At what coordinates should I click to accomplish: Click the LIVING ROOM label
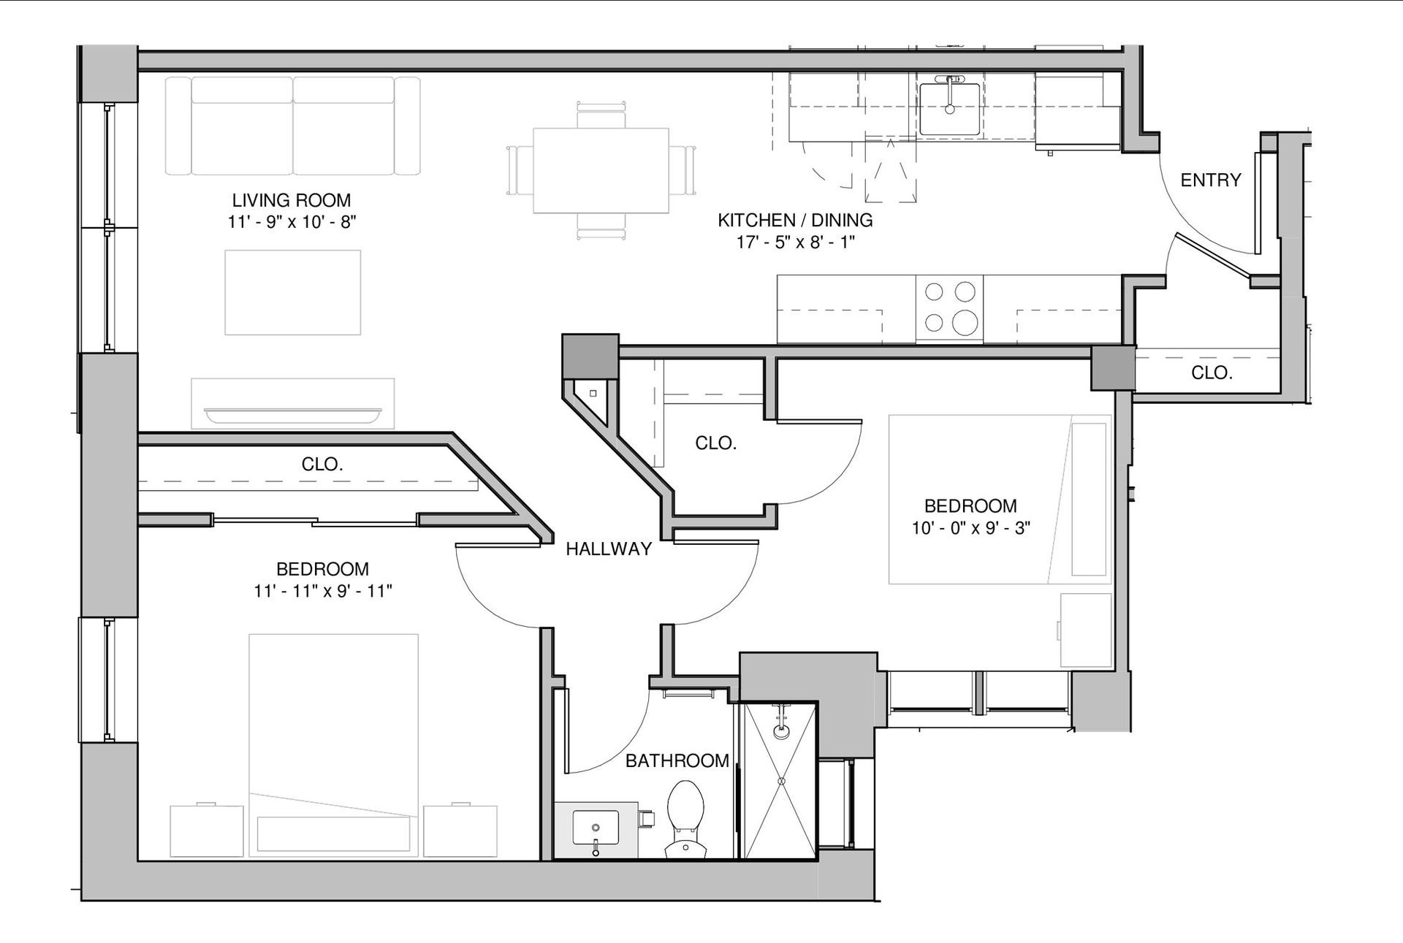(292, 200)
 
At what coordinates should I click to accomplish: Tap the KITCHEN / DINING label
(795, 220)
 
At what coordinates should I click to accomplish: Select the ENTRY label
(1211, 180)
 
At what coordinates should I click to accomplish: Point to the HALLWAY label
(609, 549)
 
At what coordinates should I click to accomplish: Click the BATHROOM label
(677, 761)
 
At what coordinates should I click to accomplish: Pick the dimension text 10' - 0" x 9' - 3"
(971, 527)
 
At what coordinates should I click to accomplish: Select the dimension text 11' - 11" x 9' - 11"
(323, 590)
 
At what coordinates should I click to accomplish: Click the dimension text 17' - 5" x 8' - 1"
(796, 242)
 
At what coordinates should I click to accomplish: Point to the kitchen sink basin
(949, 109)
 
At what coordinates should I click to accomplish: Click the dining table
(601, 171)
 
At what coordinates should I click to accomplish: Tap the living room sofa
(292, 126)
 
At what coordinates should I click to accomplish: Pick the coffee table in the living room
(292, 292)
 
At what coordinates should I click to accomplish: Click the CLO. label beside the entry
(1212, 373)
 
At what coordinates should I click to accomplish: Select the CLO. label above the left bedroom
(322, 464)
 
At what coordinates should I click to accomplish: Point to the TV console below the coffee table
(292, 403)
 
